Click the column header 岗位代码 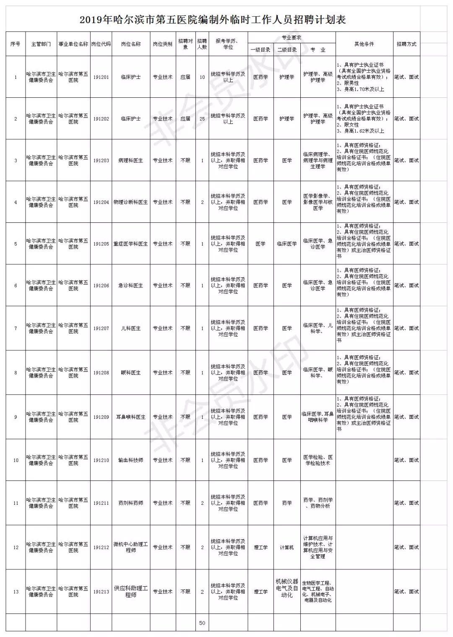tap(101, 44)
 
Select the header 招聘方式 tap(406, 44)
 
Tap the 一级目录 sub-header tap(260, 50)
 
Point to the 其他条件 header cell tap(364, 44)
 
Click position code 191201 tap(101, 77)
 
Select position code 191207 tap(101, 328)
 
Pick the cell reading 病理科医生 tap(131, 160)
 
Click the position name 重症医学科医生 tap(131, 244)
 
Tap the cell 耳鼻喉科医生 tap(131, 417)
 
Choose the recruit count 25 tap(202, 119)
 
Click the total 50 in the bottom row tap(202, 623)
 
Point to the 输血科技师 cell tap(131, 460)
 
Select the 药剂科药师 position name tap(131, 503)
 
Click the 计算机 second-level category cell tap(287, 547)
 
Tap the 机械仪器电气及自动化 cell tap(287, 588)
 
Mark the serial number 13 tap(16, 592)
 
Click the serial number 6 tap(16, 285)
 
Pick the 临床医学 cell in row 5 tap(287, 244)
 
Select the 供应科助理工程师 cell tap(131, 592)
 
